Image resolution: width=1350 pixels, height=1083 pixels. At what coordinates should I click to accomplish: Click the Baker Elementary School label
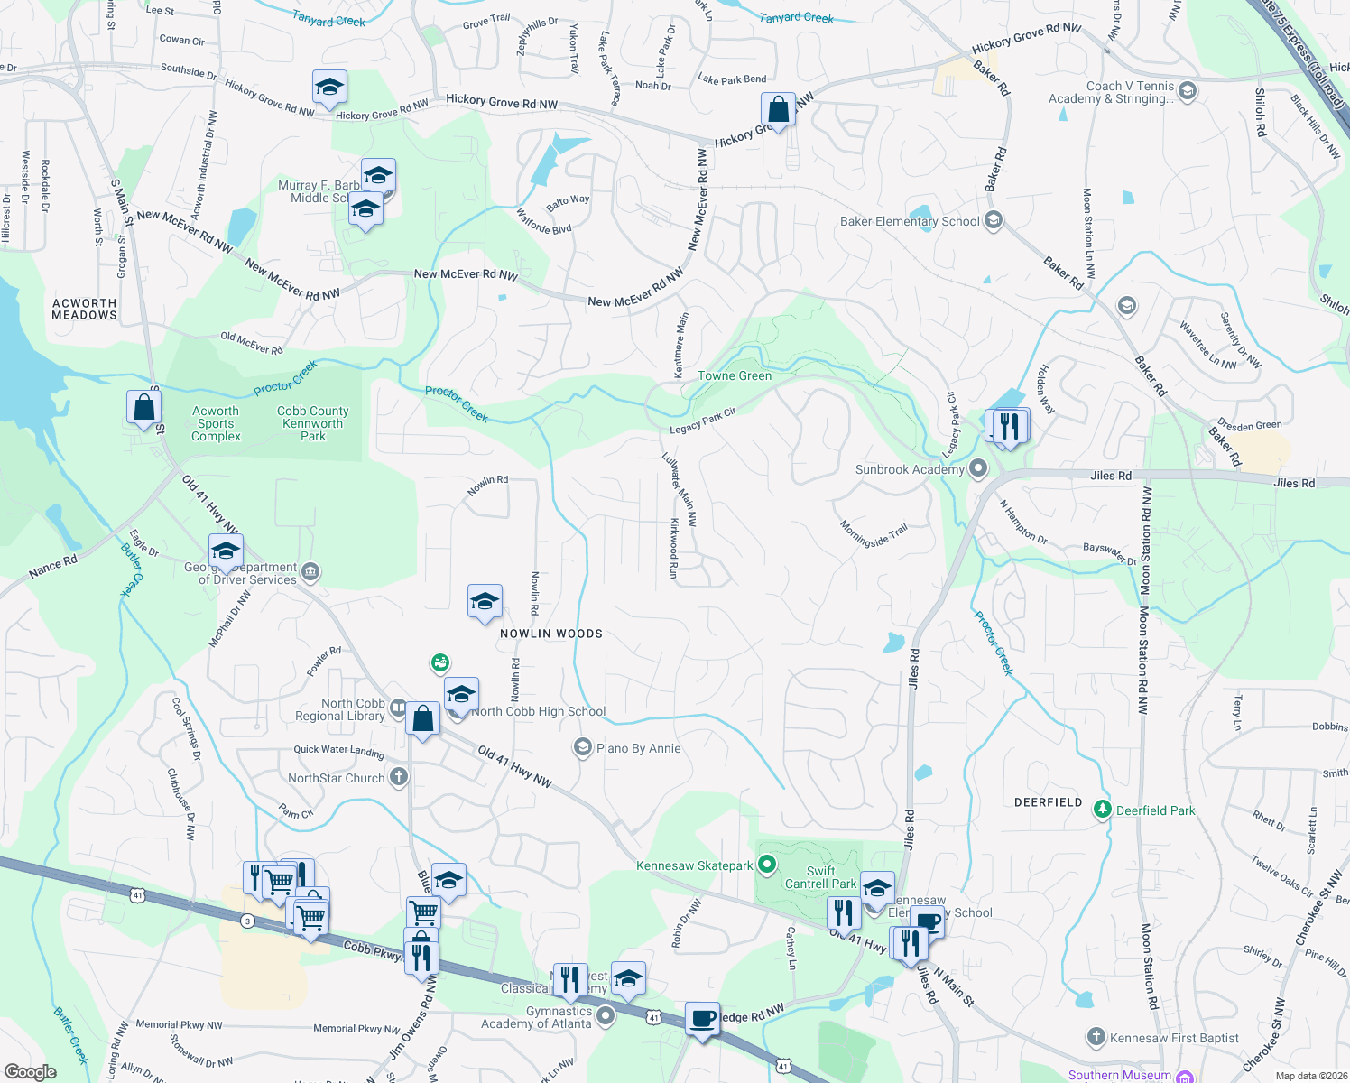coord(909,221)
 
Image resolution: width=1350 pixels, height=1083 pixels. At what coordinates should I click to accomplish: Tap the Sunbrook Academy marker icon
coord(978,468)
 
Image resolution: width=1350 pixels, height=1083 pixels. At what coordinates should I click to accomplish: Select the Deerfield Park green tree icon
coord(1102,810)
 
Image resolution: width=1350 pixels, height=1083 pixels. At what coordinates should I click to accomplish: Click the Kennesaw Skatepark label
coord(694,865)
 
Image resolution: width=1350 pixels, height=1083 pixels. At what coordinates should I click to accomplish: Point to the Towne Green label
coord(735,375)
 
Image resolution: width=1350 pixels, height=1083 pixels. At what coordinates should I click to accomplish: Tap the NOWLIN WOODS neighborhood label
coord(551,634)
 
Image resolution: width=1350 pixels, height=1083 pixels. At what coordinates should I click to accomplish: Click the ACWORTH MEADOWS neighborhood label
coord(84,310)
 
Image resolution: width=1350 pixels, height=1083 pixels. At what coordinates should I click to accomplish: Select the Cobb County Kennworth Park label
coord(312,423)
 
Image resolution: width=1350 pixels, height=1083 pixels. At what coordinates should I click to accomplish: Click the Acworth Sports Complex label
coord(216,423)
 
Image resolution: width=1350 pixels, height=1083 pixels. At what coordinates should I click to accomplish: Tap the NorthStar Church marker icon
coord(399,777)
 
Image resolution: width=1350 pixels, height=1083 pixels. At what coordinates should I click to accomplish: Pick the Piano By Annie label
coord(638,748)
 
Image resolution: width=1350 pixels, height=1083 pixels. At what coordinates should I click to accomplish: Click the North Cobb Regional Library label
coord(340,709)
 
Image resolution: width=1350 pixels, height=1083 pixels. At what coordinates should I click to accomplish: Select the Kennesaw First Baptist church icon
coord(1096,1037)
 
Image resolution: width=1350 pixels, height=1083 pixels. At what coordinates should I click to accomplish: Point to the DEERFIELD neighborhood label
coord(1048,802)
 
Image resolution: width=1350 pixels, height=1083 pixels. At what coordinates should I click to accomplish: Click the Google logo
coord(31,1071)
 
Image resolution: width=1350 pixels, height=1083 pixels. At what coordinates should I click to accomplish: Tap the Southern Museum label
coord(1119,1075)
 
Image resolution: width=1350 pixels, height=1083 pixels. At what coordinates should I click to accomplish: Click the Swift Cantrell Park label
coord(820,877)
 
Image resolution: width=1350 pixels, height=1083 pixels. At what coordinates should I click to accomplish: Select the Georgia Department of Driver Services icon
coord(310,571)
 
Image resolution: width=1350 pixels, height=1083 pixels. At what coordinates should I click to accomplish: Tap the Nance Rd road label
coord(52,567)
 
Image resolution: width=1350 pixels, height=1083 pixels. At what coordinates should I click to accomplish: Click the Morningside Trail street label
coord(874,534)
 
